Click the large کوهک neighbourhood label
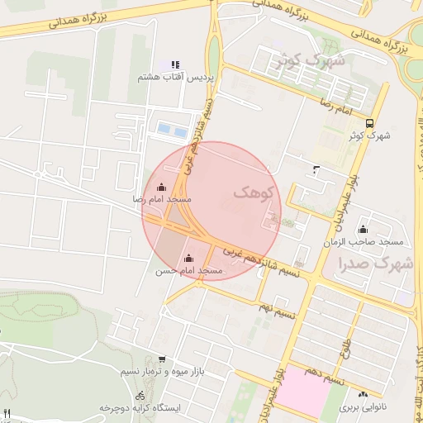[252, 192]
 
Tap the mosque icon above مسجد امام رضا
[161, 187]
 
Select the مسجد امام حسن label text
[189, 271]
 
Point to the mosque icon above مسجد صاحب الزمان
[364, 228]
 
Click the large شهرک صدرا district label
[375, 264]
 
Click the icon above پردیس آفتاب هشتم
[174, 64]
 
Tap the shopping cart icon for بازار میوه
[160, 359]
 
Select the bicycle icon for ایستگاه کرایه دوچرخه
[140, 395]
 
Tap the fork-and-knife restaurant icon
[7, 412]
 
